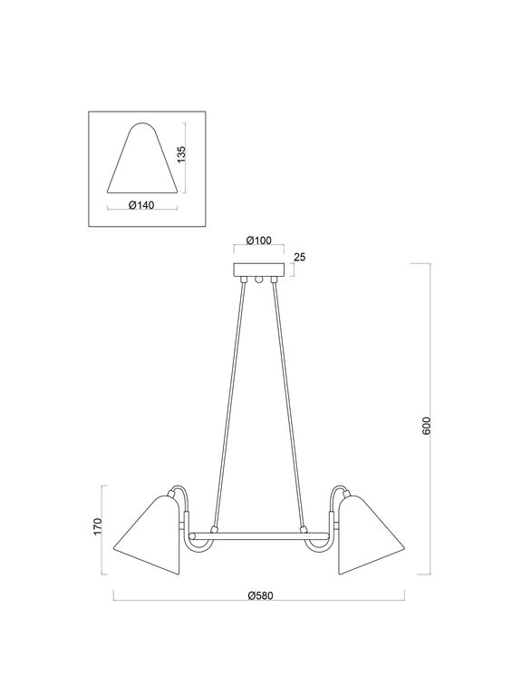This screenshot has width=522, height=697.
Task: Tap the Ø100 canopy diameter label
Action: [x=259, y=241]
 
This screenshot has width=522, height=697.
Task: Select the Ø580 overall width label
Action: [x=261, y=596]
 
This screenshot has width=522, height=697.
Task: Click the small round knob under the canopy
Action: [x=259, y=281]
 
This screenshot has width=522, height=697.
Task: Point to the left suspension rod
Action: [x=228, y=399]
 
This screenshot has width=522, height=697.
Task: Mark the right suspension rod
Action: [x=290, y=399]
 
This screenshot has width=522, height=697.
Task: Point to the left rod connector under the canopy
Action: [x=243, y=280]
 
